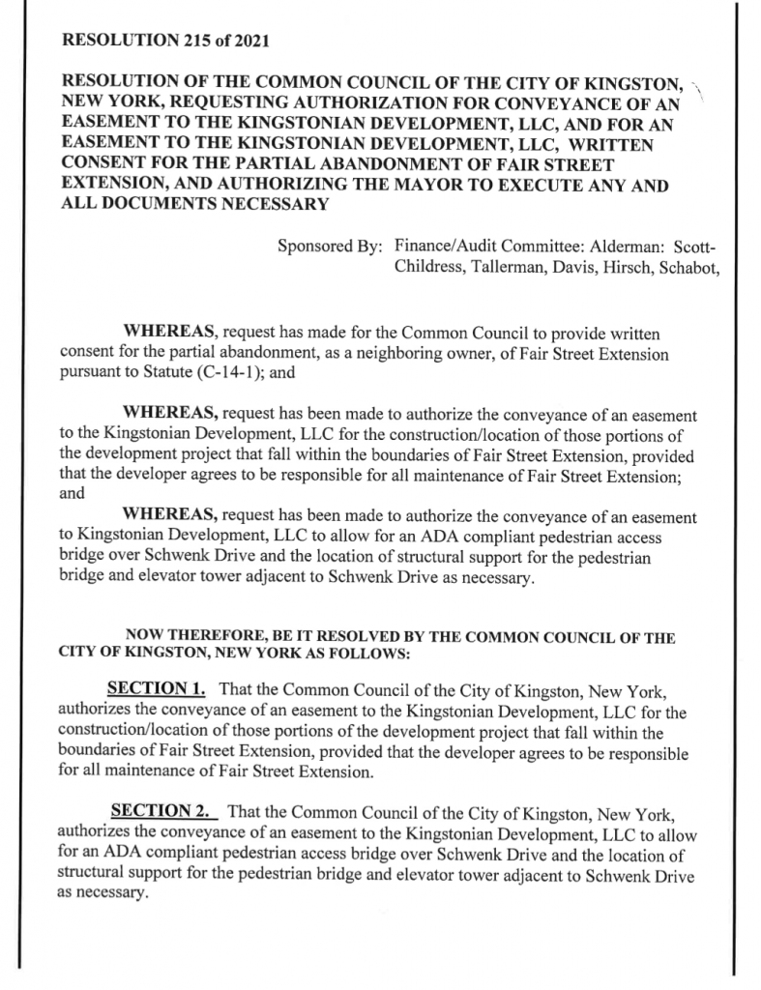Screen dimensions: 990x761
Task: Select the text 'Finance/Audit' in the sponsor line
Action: [446, 245]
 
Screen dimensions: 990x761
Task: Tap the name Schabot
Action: [691, 265]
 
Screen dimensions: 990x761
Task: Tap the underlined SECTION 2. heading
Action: [161, 807]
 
